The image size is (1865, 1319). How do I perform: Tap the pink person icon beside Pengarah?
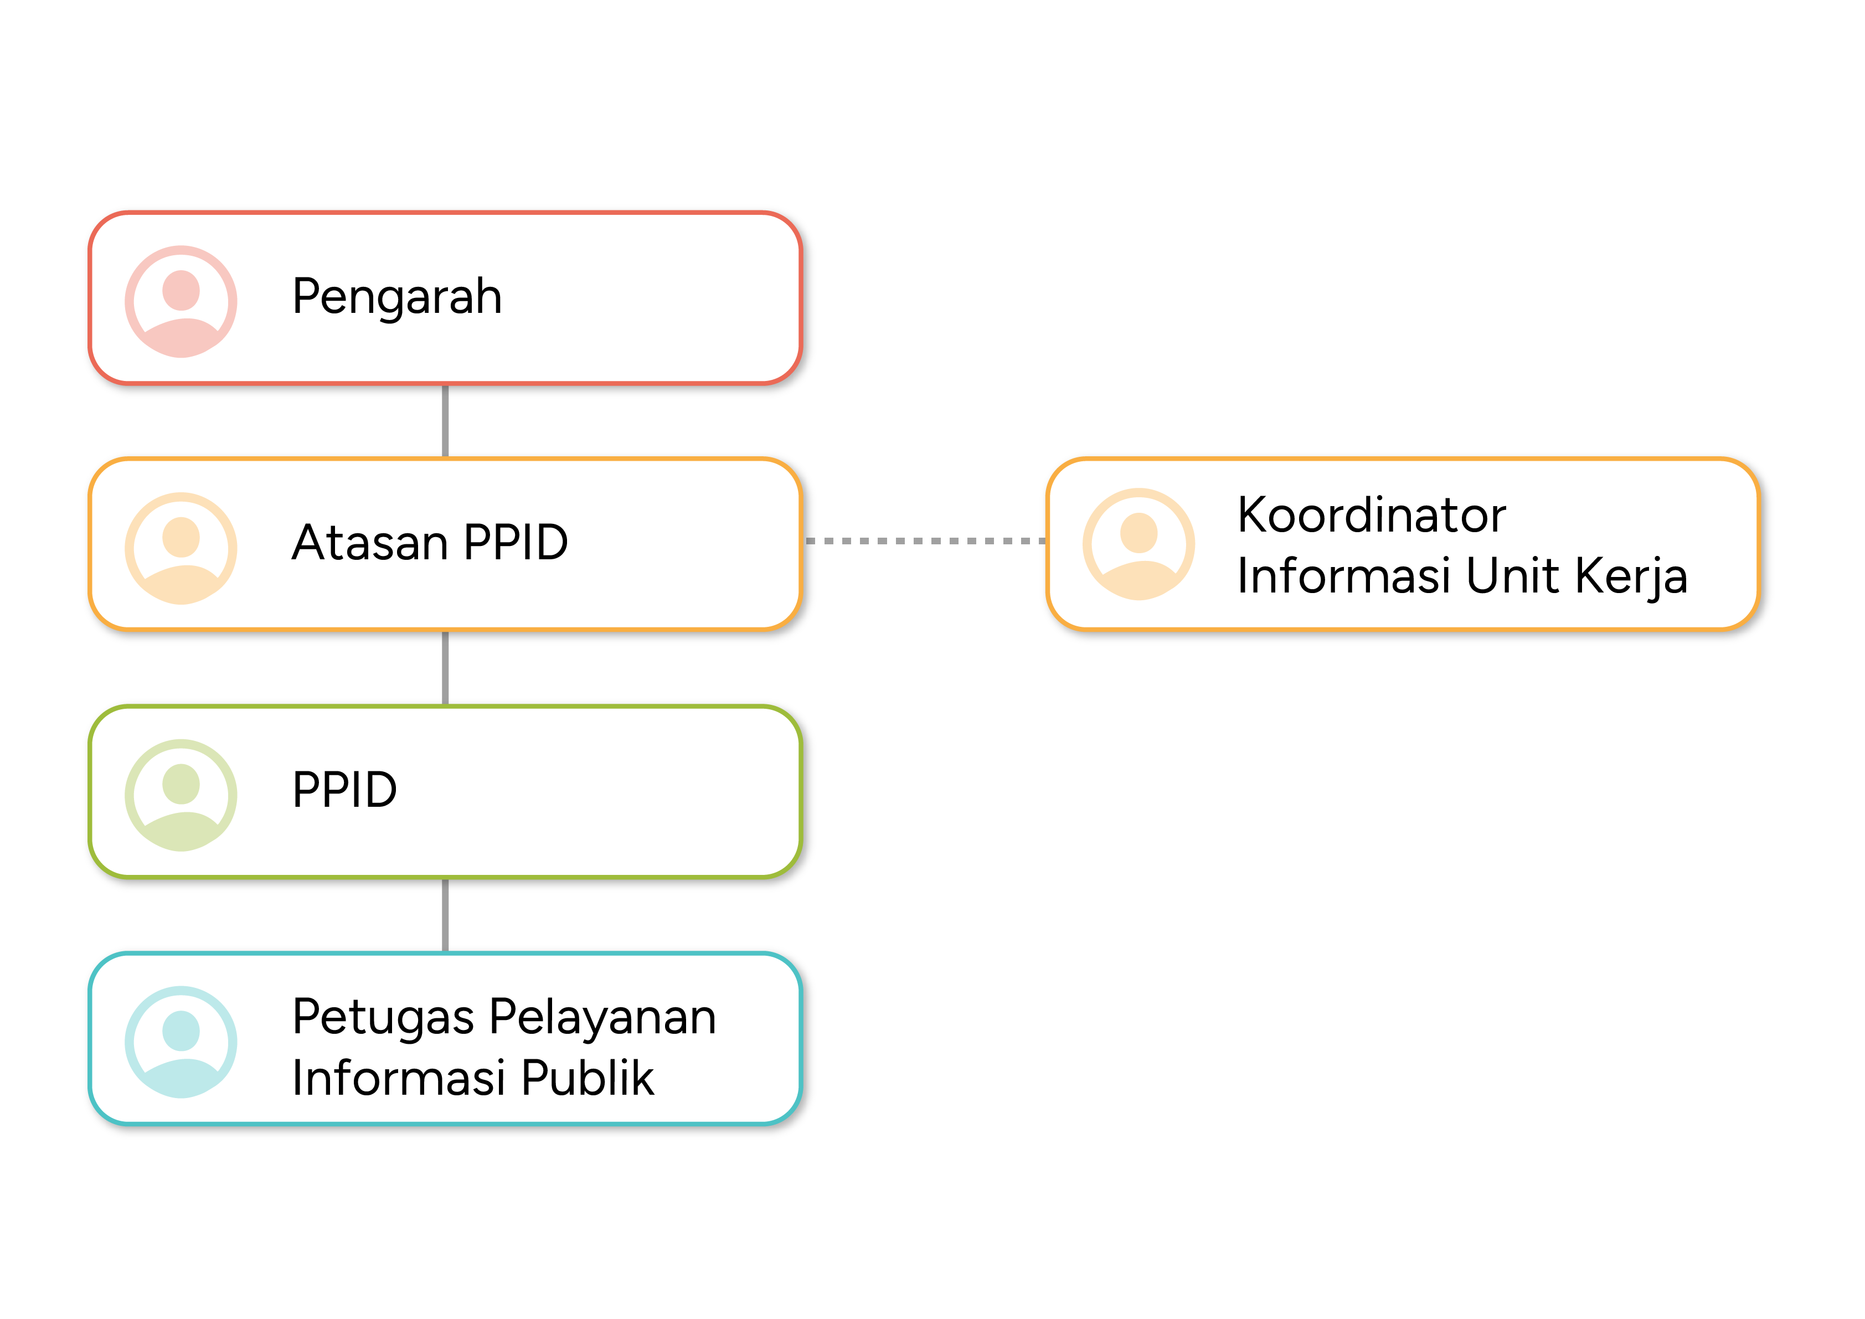[181, 301]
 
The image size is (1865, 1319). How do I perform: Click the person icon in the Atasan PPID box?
[181, 548]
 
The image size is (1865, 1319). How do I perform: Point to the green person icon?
[181, 795]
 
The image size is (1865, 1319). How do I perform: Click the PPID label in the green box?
[344, 790]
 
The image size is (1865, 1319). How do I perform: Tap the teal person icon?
[181, 1042]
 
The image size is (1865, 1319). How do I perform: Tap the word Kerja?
[1632, 576]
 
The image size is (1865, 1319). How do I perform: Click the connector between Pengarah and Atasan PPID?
[445, 421]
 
